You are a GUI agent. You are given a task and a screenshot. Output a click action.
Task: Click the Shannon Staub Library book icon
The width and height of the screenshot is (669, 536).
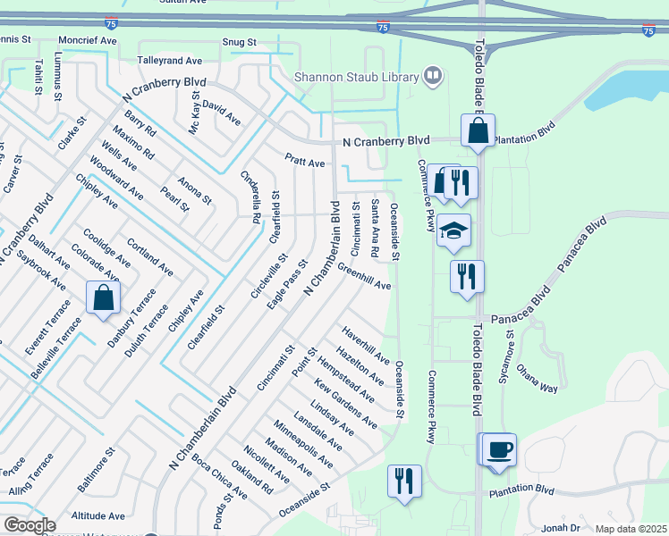tap(432, 75)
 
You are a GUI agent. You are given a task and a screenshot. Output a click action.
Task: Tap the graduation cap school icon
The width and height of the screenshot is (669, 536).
tap(453, 230)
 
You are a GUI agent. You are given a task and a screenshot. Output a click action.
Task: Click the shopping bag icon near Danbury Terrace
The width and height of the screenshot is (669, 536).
tap(103, 297)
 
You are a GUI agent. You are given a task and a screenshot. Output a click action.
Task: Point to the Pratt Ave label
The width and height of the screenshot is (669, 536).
tap(305, 163)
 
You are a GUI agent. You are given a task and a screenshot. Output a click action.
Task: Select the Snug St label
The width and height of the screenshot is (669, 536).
tap(241, 42)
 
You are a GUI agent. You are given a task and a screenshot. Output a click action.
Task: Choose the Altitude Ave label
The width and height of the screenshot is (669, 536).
tap(98, 515)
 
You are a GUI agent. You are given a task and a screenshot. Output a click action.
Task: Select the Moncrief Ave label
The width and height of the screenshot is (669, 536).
tap(87, 41)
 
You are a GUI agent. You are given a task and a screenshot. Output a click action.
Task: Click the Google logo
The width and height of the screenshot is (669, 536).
tap(29, 525)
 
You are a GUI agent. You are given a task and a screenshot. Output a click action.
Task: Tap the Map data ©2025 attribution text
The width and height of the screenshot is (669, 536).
tap(631, 529)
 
